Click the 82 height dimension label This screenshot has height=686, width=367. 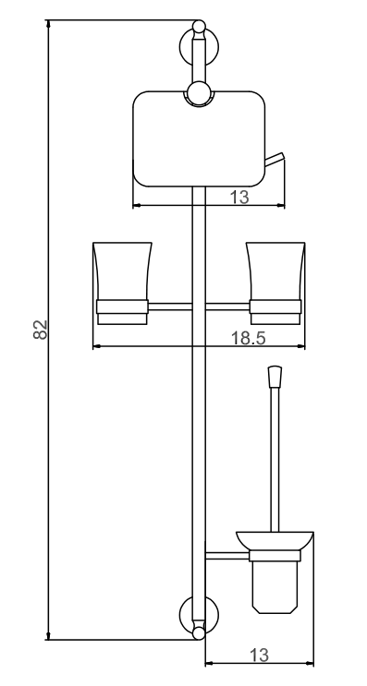(41, 330)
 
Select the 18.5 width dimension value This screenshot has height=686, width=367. (249, 338)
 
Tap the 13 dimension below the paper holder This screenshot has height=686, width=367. (239, 197)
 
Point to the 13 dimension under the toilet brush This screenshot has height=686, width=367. (259, 655)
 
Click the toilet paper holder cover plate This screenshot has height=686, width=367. (199, 139)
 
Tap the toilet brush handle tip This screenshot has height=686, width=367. (275, 377)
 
